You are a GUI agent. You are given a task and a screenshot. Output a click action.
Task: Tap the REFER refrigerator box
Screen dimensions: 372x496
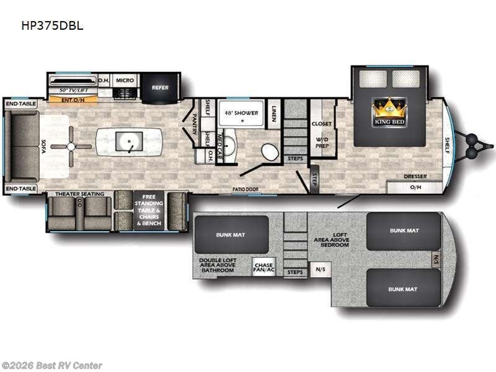pos(160,87)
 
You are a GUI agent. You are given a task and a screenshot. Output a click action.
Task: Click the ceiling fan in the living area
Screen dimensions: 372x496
pos(71,146)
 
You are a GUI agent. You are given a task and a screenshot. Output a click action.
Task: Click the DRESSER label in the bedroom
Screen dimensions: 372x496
pos(415,176)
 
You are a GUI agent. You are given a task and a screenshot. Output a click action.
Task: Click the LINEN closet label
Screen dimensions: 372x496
pos(275,113)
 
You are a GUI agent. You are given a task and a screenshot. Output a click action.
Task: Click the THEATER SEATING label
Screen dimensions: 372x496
pos(79,194)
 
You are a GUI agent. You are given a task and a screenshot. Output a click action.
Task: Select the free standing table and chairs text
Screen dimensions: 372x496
pos(149,211)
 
